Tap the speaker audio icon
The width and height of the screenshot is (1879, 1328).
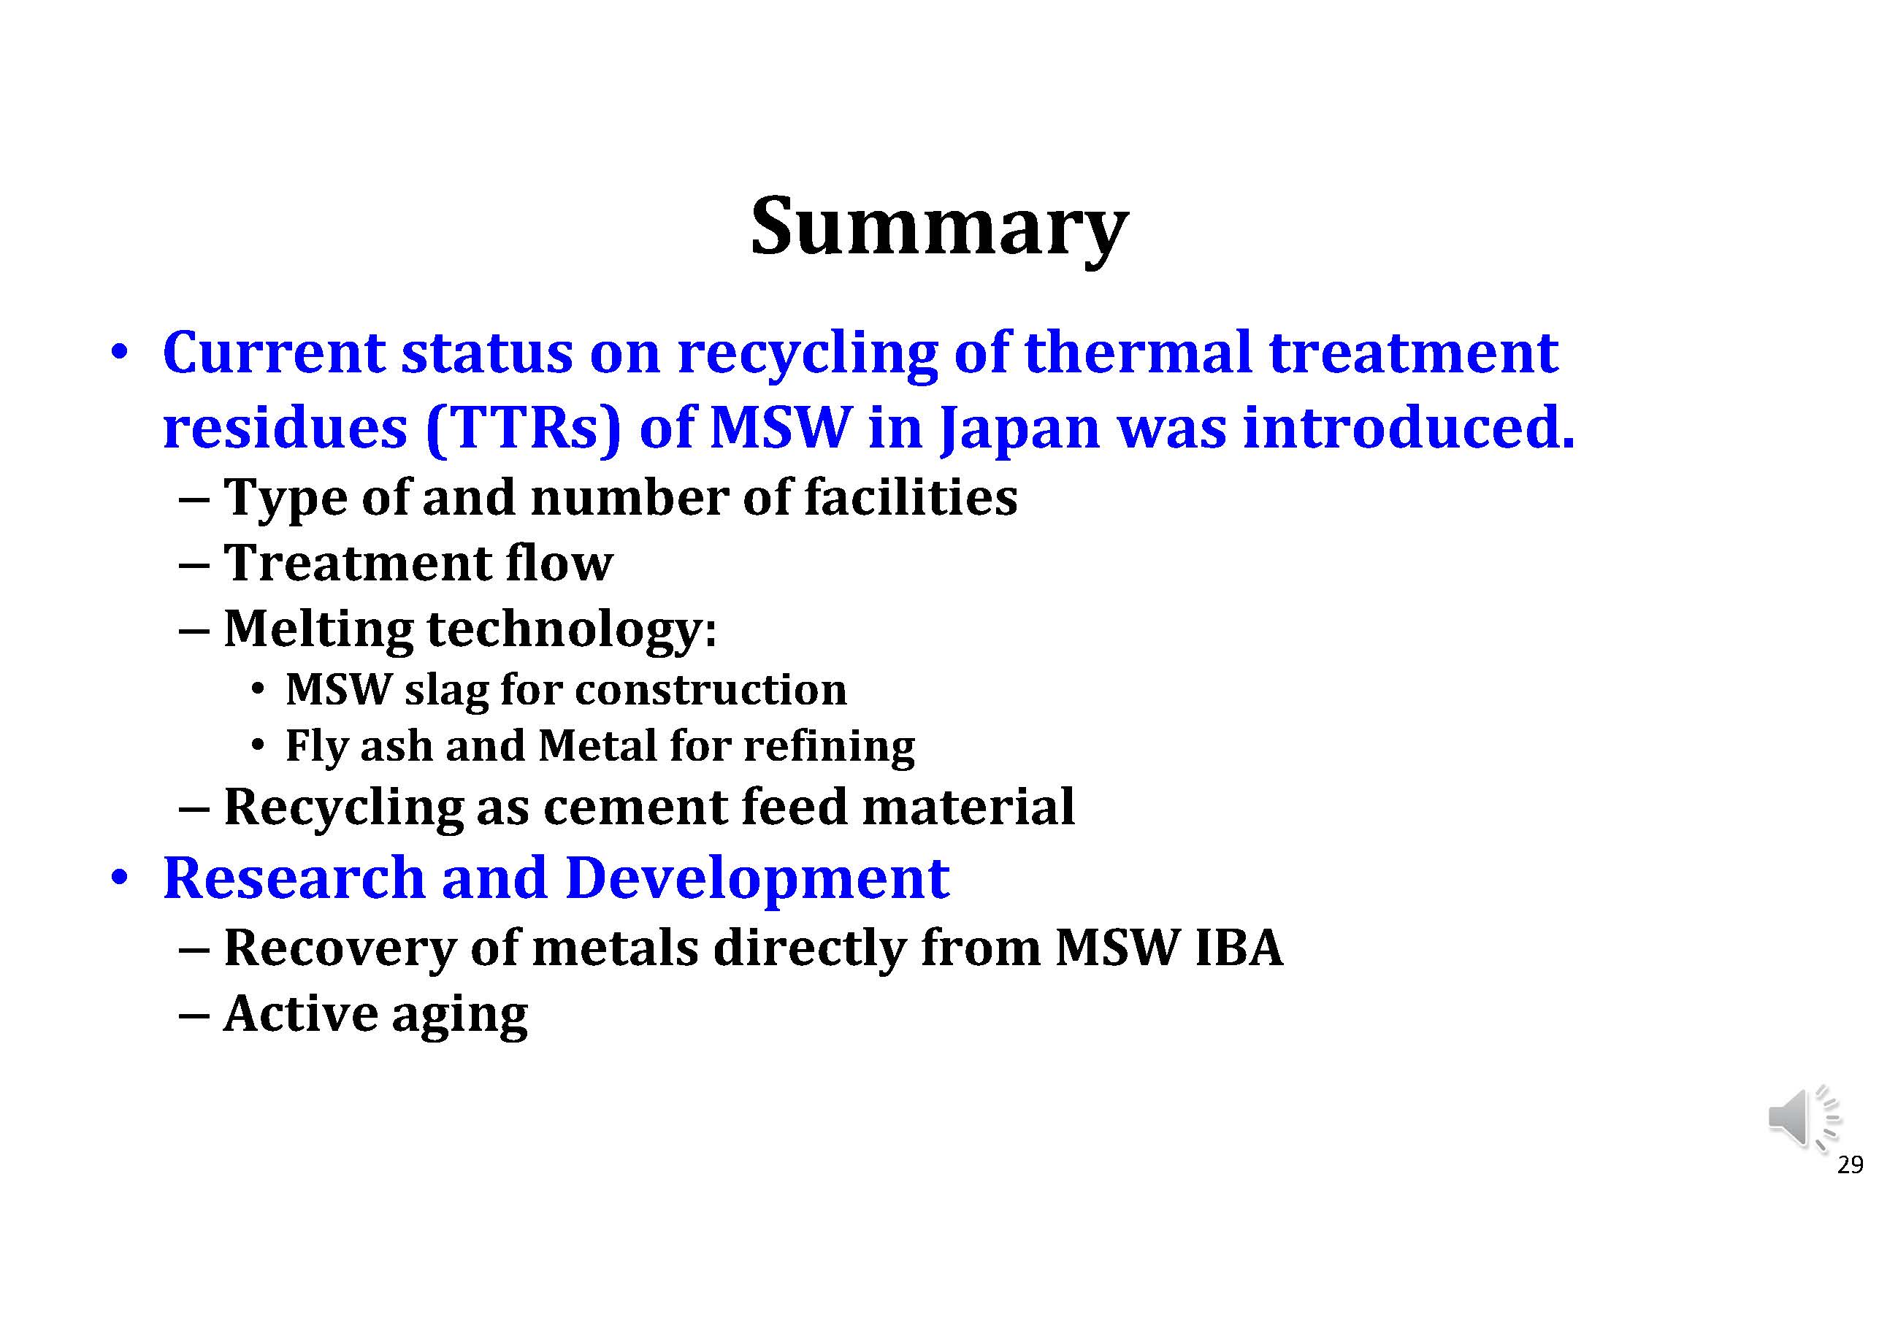click(1803, 1118)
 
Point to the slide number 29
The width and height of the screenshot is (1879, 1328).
click(1850, 1165)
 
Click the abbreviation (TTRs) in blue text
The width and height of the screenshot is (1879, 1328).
click(524, 428)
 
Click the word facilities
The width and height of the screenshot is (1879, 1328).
click(911, 497)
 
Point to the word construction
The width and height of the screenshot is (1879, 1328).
click(711, 690)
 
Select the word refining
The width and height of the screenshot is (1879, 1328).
click(829, 746)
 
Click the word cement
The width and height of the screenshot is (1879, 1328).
click(635, 807)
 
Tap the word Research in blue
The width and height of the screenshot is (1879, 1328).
click(294, 878)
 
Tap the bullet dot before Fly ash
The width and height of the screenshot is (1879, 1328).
click(258, 745)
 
